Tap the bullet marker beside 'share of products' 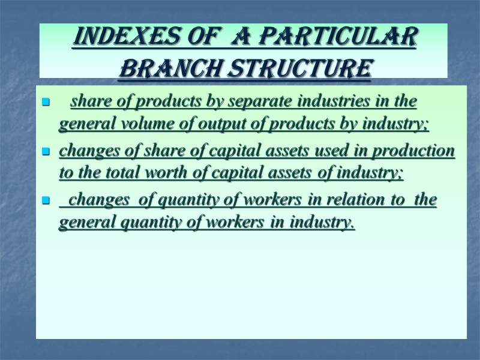tap(45, 103)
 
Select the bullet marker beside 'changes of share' tap(45, 152)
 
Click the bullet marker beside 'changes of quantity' tap(45, 202)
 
